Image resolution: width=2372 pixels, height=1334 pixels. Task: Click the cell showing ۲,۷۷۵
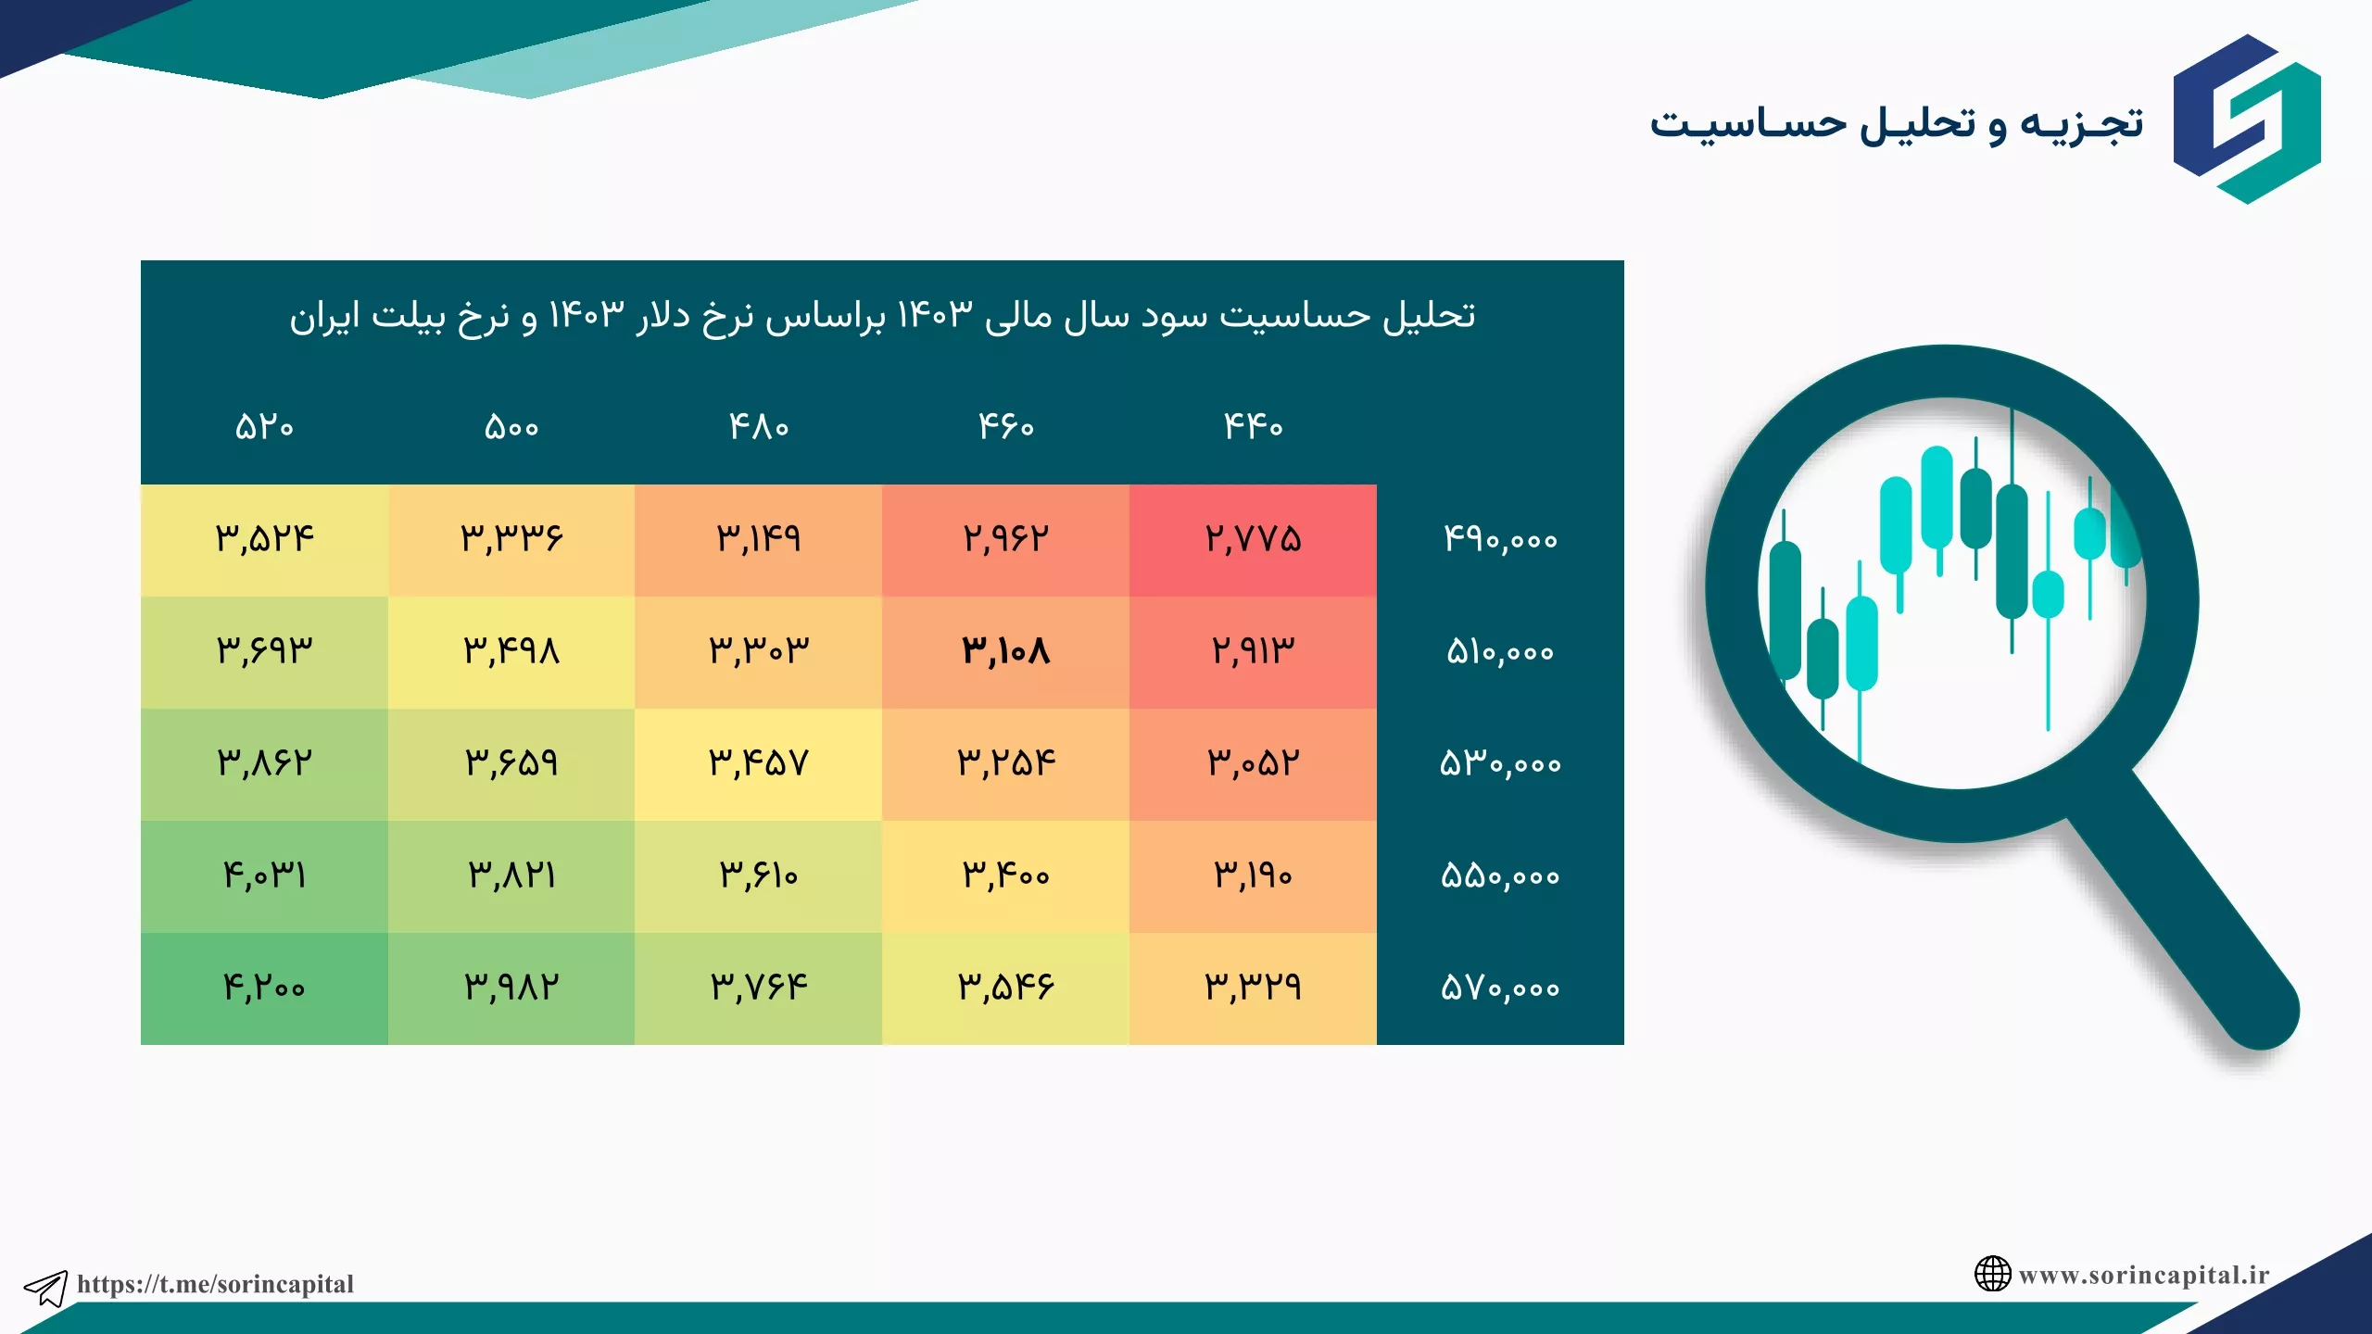[1253, 539]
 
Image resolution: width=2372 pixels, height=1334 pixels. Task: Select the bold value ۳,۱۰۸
[1005, 651]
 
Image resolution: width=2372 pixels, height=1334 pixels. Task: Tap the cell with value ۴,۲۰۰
[264, 988]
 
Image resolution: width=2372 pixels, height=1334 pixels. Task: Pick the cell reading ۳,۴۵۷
[758, 763]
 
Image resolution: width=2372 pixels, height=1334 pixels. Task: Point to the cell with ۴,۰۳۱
[264, 875]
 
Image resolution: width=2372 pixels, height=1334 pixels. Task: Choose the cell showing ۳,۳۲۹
[1253, 988]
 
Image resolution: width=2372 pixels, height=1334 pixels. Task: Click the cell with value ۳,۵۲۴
[264, 539]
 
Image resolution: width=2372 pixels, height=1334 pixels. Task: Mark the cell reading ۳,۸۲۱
[511, 875]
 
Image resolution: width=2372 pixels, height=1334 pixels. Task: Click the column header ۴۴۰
[1253, 426]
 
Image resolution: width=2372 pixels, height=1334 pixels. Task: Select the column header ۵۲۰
[264, 427]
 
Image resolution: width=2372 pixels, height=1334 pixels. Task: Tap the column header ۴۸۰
[758, 426]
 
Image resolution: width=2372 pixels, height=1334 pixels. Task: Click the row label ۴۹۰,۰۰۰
[1500, 539]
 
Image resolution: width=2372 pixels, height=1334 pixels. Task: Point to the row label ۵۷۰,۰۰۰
[1500, 988]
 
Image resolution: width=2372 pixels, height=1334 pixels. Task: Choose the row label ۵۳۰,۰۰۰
[1500, 764]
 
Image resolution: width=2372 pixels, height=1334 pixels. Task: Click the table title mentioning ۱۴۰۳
[882, 317]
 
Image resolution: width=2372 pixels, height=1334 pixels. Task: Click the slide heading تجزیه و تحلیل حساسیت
[1896, 124]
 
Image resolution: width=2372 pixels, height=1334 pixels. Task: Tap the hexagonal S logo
[2247, 119]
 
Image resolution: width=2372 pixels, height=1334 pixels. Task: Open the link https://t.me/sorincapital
[215, 1284]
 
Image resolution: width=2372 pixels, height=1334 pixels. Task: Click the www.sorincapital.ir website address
[2144, 1275]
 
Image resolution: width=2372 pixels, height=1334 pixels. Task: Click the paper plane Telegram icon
[45, 1288]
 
